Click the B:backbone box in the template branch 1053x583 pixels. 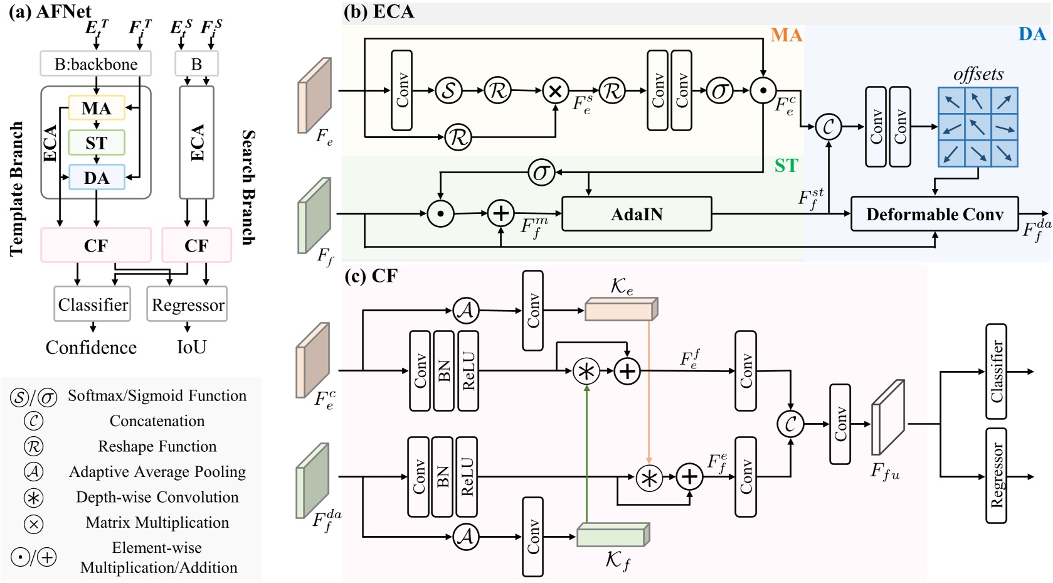(x=96, y=64)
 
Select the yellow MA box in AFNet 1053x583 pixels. (x=96, y=108)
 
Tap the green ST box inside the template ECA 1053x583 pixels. (x=96, y=143)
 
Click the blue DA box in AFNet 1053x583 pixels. (x=96, y=178)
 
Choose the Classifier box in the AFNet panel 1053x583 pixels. (x=93, y=304)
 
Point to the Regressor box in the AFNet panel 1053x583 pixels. (x=188, y=304)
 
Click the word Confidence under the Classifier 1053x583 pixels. (x=91, y=348)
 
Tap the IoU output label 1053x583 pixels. (x=191, y=347)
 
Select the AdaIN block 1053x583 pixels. (x=637, y=214)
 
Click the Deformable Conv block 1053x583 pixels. (x=934, y=215)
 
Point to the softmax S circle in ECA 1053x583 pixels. (x=448, y=91)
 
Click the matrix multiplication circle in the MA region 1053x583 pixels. (x=555, y=91)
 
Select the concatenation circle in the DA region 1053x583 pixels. (x=828, y=127)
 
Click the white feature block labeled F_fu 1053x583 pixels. (x=887, y=417)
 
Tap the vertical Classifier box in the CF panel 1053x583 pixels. (x=996, y=372)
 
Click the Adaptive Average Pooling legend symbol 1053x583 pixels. (x=33, y=471)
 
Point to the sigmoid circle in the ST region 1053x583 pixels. (x=541, y=172)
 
